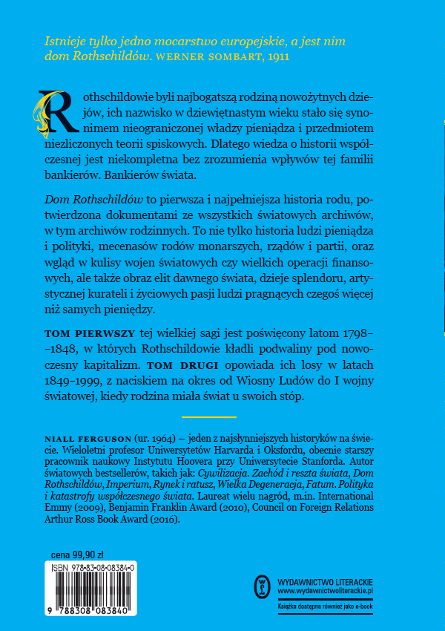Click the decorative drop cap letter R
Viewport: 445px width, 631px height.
tap(51, 112)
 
